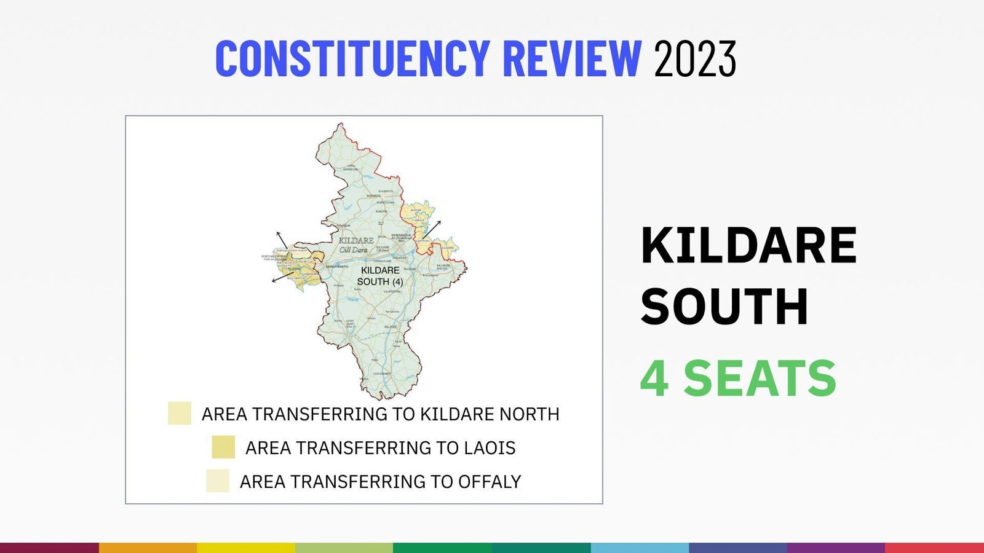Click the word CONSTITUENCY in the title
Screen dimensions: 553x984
352,59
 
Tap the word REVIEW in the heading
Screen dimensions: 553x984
572,59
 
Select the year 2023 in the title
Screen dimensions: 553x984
695,59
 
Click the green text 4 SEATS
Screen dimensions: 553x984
738,378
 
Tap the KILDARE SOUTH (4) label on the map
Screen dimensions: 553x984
380,276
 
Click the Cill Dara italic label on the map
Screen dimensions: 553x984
353,250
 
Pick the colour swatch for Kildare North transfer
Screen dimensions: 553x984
180,414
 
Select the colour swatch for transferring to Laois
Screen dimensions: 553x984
223,447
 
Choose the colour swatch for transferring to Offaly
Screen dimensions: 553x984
218,481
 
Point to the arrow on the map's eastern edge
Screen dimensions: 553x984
432,229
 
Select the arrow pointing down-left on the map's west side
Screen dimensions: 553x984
282,277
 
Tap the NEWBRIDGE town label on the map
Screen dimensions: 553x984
401,235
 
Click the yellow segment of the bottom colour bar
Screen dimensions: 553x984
246,547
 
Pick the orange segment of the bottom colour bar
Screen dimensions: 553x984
148,547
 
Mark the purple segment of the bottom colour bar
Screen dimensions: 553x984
836,547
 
